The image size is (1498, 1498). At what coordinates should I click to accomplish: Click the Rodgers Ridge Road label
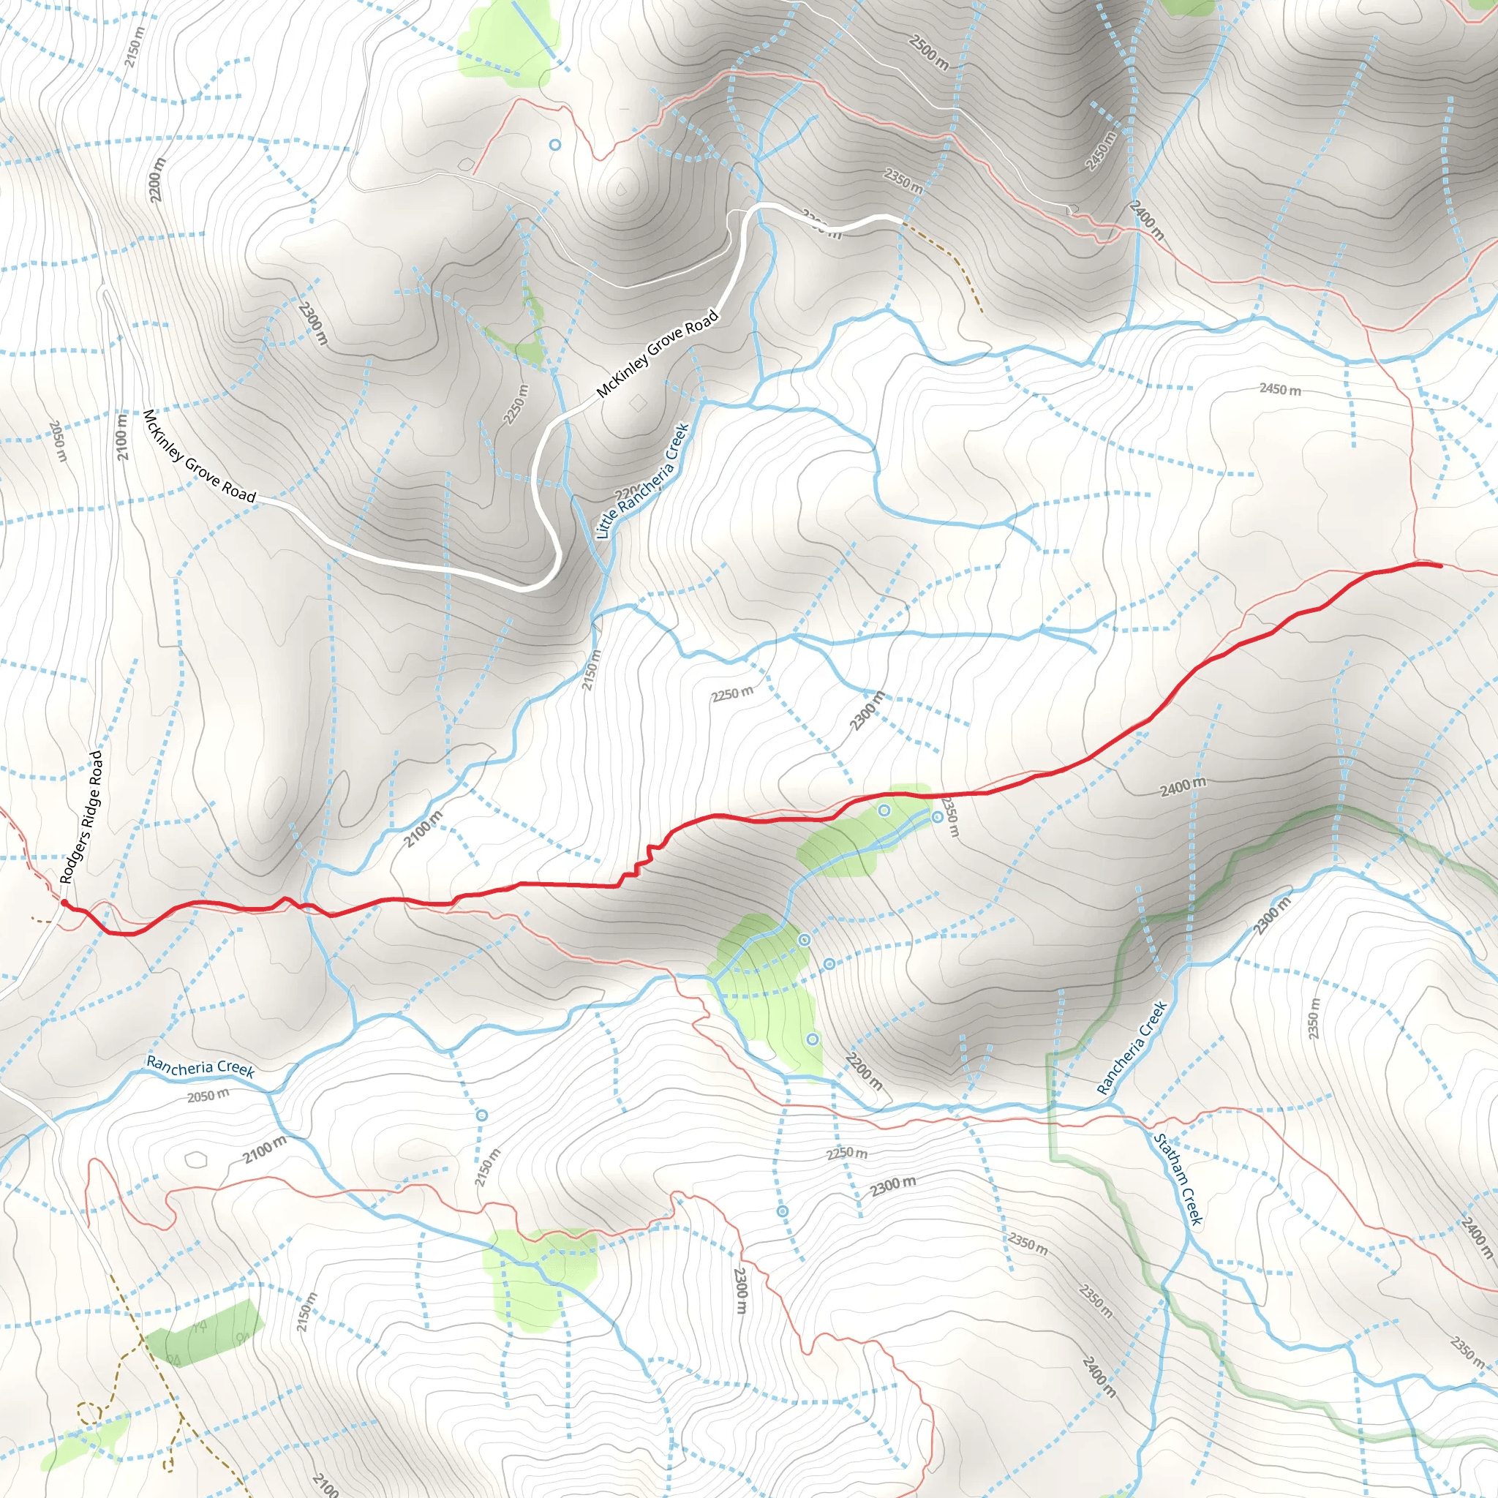(81, 817)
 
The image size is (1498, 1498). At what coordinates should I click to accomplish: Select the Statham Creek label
(1178, 1179)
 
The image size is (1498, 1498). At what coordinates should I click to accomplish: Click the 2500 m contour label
(928, 52)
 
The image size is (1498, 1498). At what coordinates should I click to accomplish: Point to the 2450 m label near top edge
(1100, 151)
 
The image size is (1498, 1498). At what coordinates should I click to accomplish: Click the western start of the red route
(64, 903)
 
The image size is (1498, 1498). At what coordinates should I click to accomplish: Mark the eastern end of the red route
(1439, 566)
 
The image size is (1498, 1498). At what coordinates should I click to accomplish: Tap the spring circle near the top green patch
(554, 145)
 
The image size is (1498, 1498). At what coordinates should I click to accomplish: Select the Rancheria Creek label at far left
(200, 1068)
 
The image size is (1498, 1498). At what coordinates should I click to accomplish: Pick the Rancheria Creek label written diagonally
(1132, 1047)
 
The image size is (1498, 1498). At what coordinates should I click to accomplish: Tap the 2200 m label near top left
(157, 180)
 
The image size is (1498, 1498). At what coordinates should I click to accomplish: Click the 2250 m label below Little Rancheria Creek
(732, 693)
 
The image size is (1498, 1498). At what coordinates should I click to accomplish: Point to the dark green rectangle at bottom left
(203, 1332)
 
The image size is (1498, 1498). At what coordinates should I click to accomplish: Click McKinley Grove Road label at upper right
(658, 353)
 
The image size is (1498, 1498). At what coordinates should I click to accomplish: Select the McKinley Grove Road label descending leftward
(198, 456)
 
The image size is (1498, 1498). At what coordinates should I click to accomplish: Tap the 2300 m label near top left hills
(313, 323)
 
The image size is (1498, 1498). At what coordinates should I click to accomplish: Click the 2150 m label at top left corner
(133, 47)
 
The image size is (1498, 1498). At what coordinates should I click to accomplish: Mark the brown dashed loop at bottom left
(89, 1412)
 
